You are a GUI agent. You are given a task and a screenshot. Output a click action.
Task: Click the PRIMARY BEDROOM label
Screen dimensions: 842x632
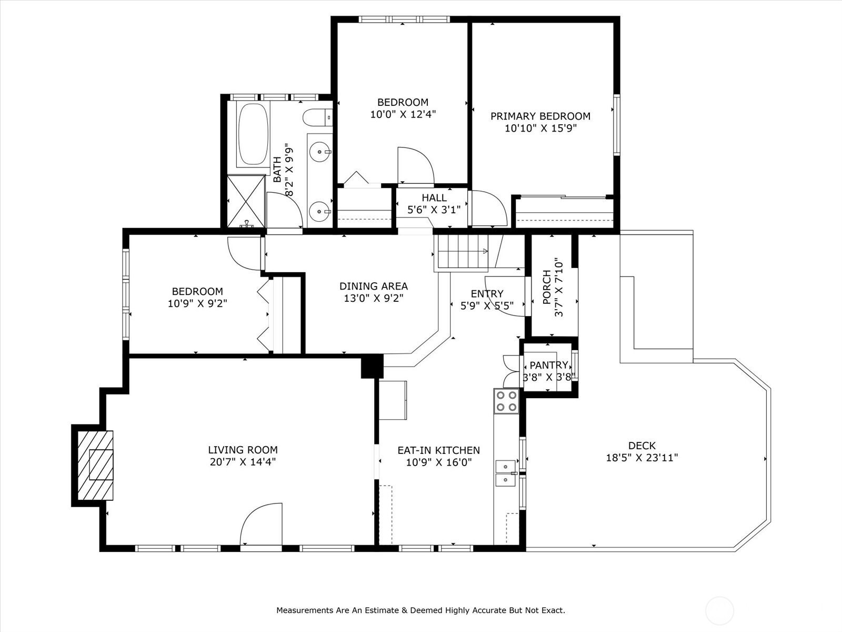point(540,116)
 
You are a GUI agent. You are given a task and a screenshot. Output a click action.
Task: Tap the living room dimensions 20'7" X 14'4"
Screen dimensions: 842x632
point(243,462)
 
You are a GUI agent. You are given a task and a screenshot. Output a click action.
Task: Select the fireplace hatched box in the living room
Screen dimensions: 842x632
point(96,466)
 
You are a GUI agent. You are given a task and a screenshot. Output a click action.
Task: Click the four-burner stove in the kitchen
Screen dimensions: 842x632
point(506,401)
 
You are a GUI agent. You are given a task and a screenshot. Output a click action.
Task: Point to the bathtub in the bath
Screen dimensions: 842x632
point(253,134)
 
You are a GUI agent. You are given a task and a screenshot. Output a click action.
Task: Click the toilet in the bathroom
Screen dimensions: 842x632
point(318,117)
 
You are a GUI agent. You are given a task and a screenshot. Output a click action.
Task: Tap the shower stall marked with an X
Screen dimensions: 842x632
point(246,202)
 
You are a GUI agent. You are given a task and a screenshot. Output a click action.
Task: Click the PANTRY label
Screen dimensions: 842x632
point(549,365)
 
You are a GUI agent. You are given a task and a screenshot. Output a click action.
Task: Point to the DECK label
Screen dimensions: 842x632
point(642,446)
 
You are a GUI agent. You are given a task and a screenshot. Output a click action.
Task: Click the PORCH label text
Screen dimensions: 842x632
point(547,288)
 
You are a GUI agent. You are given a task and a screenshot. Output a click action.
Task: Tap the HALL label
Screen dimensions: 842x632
point(434,197)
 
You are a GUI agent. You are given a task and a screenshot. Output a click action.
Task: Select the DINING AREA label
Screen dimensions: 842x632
point(374,286)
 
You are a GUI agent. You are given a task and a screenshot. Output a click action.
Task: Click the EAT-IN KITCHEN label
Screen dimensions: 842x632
point(439,450)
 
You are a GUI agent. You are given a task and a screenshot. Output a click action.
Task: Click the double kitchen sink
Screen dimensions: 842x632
point(506,473)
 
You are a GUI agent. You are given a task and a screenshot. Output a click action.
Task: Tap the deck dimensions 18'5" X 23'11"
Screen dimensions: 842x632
point(642,458)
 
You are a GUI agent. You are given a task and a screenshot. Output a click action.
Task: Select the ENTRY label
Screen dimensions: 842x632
point(487,293)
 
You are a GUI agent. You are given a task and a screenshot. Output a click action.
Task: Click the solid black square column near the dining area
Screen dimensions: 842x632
point(372,366)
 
